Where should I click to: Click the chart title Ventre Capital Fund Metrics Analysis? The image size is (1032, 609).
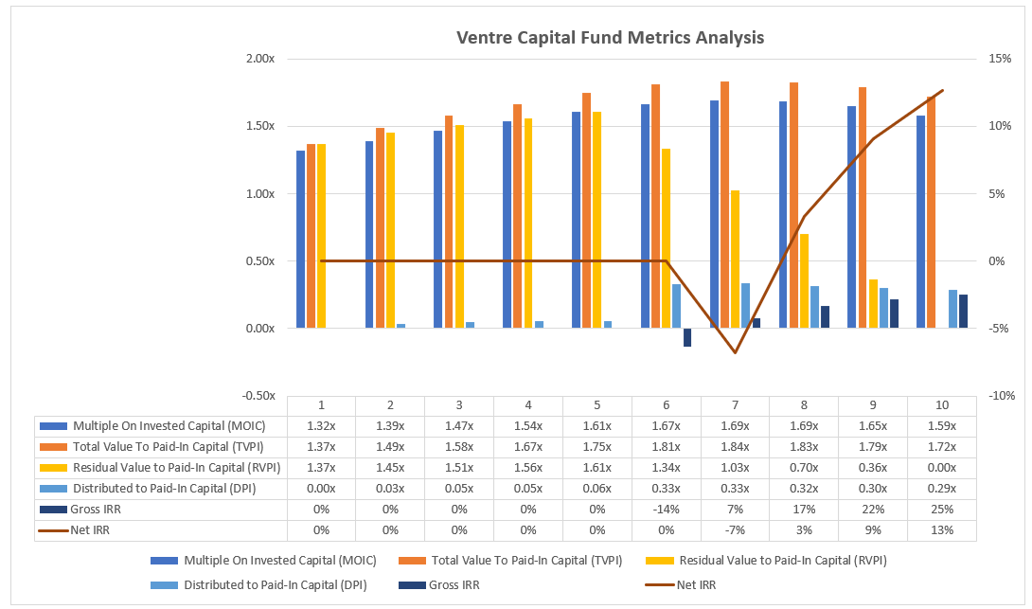[x=610, y=38]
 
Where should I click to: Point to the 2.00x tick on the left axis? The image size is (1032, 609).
[x=259, y=59]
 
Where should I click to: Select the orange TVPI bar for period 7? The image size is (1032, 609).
[x=724, y=205]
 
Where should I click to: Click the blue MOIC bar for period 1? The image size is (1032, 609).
[x=300, y=240]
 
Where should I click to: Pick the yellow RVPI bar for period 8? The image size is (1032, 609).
[x=804, y=280]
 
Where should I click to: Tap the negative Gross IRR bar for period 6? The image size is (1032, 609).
[x=687, y=337]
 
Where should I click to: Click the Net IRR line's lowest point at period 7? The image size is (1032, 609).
[x=735, y=352]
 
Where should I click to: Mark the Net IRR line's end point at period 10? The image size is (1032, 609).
[x=943, y=90]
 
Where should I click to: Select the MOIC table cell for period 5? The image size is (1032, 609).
[x=596, y=426]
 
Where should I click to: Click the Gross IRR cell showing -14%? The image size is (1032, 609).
[x=667, y=510]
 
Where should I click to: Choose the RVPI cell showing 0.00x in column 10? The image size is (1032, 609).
[x=942, y=468]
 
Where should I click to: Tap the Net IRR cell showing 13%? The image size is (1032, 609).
[x=942, y=530]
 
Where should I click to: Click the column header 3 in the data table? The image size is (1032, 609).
[x=458, y=405]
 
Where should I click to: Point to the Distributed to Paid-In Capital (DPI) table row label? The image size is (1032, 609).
[x=162, y=489]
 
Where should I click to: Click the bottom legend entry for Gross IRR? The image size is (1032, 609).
[x=454, y=585]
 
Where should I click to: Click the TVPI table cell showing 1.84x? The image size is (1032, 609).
[x=736, y=447]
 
